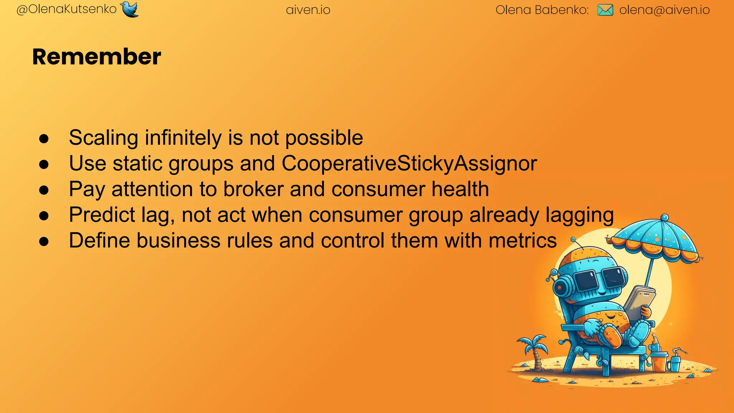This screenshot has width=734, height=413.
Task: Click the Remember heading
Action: (96, 57)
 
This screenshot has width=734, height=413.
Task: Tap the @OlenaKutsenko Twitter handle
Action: (67, 9)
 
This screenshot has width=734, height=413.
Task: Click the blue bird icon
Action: (129, 9)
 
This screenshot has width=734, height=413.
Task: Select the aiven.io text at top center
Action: (308, 10)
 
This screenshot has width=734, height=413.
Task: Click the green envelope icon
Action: (605, 10)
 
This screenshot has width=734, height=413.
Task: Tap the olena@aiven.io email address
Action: (664, 10)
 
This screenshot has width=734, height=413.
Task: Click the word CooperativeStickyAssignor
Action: (409, 163)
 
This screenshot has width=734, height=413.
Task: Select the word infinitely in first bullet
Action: (183, 138)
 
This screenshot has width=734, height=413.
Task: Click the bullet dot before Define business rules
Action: (44, 241)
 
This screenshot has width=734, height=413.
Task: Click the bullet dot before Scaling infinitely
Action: (44, 139)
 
